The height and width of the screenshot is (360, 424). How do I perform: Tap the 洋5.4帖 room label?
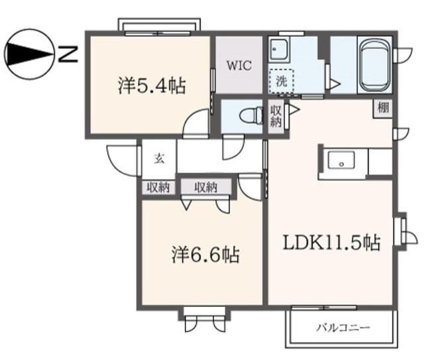[152, 86]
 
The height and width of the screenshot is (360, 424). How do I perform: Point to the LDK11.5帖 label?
[332, 243]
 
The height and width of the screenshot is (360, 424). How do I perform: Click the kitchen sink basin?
[342, 161]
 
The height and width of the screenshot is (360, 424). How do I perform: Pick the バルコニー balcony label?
[343, 328]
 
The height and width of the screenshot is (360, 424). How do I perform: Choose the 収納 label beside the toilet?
[276, 117]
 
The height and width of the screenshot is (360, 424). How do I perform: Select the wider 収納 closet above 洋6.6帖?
[206, 188]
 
